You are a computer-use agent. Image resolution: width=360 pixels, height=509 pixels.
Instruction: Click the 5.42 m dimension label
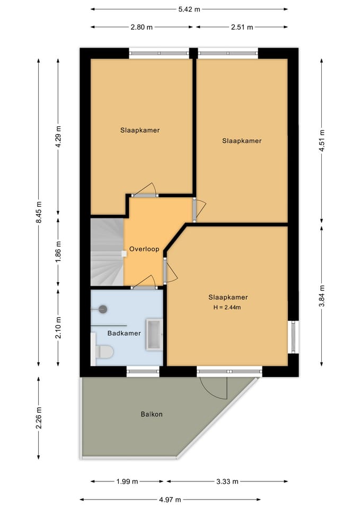(x=189, y=9)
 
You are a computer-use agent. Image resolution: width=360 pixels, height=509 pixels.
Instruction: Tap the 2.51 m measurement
(x=241, y=27)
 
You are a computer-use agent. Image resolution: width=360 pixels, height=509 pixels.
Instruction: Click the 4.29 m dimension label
(x=58, y=136)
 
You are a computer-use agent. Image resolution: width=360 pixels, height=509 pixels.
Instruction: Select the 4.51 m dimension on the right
(x=321, y=141)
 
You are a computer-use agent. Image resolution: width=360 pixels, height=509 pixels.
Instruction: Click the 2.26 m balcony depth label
(x=39, y=417)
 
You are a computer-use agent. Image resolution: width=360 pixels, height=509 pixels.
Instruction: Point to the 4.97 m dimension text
(x=170, y=499)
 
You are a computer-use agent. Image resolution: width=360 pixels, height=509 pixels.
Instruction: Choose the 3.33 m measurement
(x=227, y=481)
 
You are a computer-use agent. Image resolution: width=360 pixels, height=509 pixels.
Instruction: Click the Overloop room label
(x=144, y=249)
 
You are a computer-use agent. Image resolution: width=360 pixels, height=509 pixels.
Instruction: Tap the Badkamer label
(x=124, y=334)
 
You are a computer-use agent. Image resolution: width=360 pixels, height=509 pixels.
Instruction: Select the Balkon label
(x=152, y=414)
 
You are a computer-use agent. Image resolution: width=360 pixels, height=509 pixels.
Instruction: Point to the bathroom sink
(x=154, y=335)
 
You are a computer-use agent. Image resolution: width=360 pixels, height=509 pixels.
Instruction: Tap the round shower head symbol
(x=103, y=309)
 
